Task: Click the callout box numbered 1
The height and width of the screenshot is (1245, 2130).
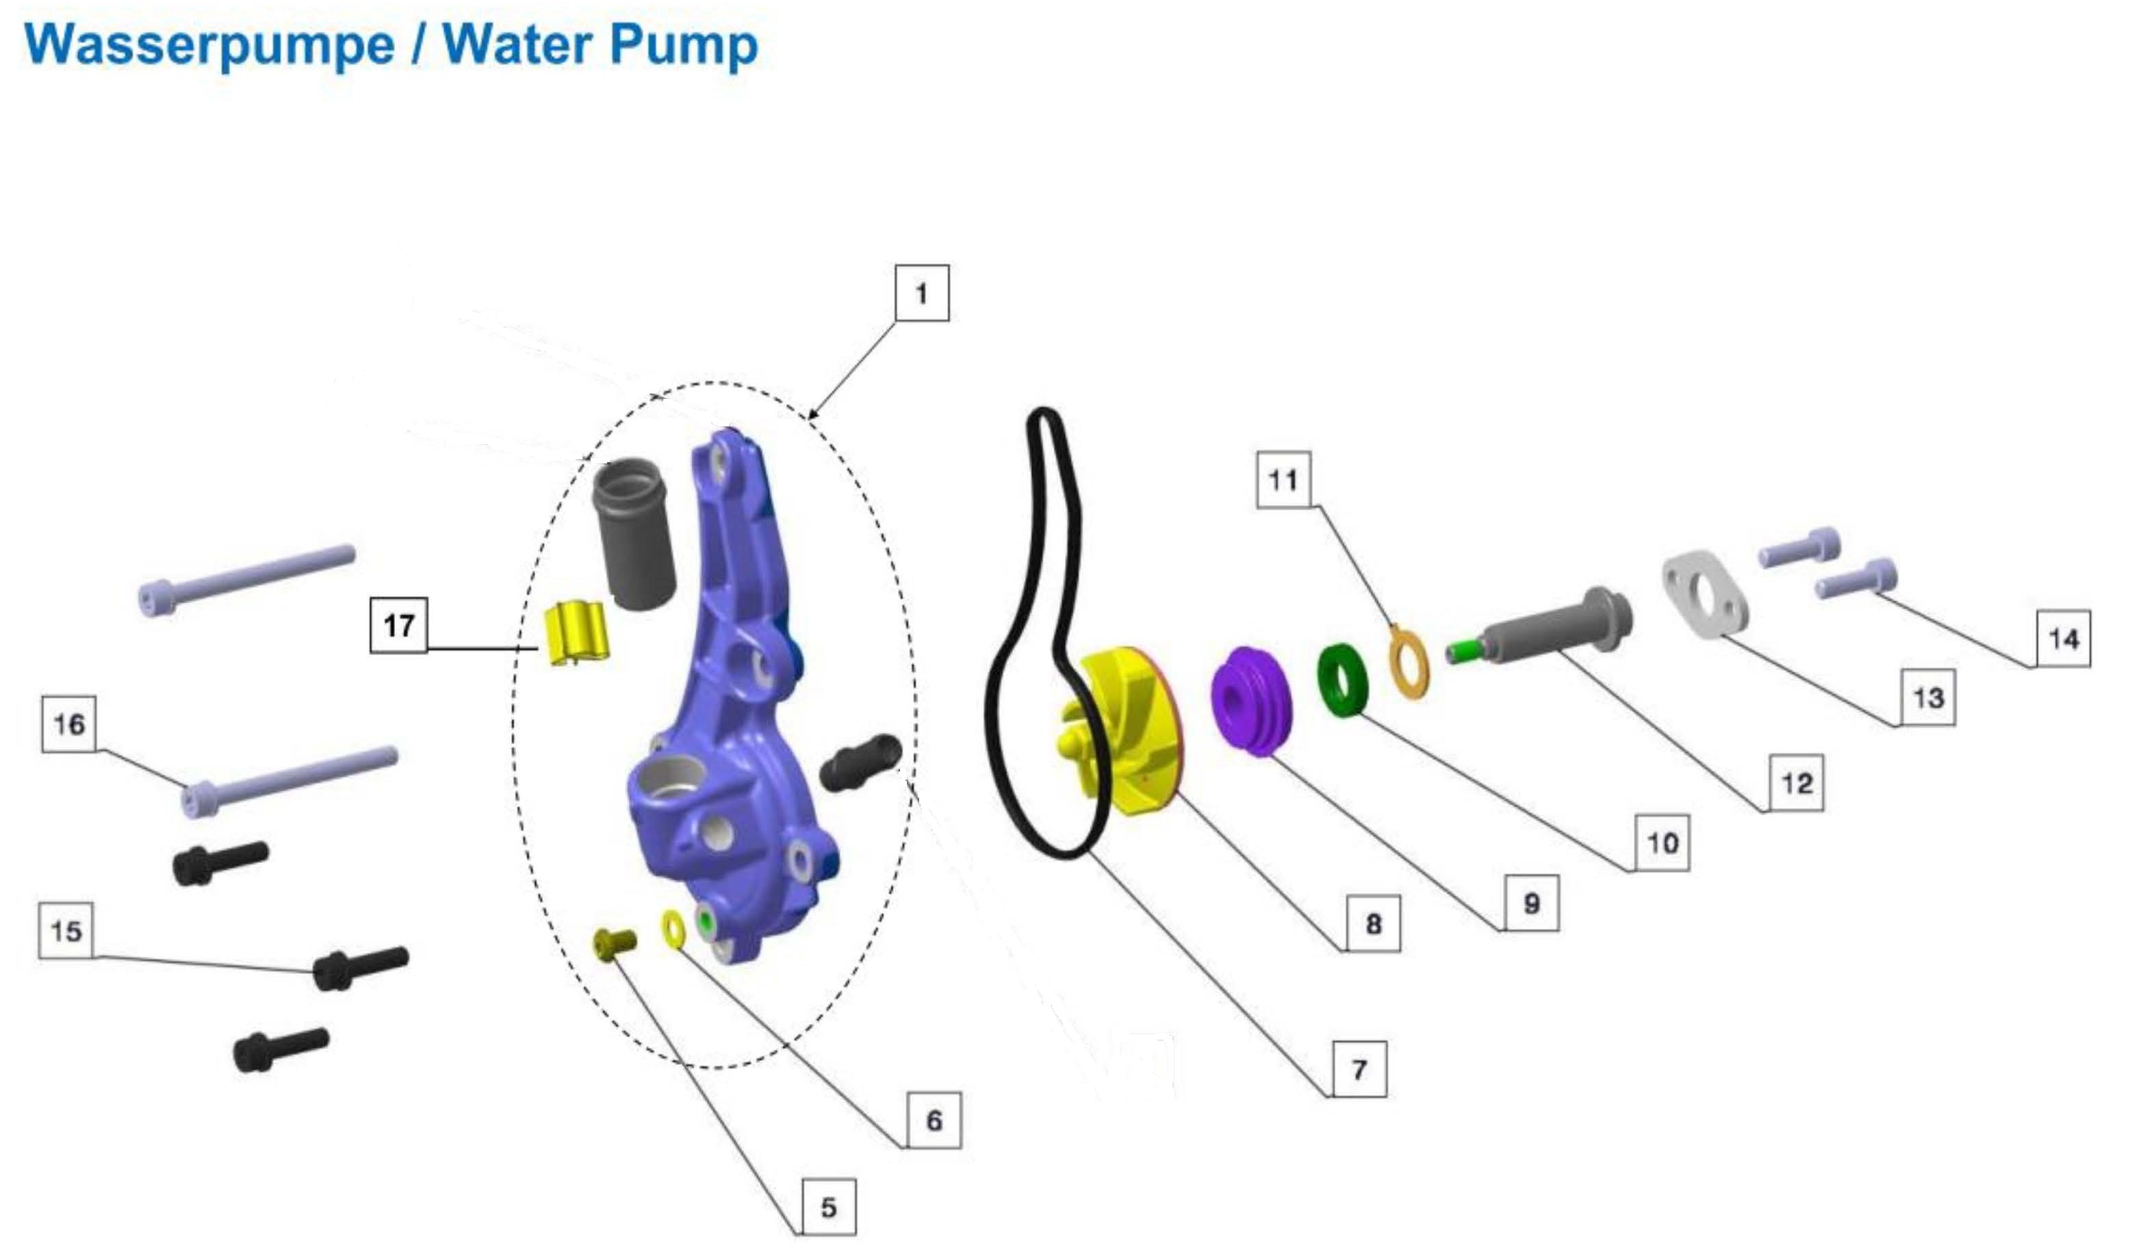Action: [x=921, y=294]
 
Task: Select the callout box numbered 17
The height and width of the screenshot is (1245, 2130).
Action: [x=399, y=626]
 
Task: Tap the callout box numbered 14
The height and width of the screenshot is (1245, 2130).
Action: [x=2062, y=638]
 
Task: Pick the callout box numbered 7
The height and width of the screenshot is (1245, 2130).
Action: [x=1359, y=1069]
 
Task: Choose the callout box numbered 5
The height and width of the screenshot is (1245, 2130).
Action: [x=828, y=1207]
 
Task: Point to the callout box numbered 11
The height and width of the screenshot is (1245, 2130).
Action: [x=1283, y=479]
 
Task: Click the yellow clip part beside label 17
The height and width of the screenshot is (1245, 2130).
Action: [x=574, y=633]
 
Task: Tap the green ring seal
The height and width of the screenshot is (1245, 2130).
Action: [x=1343, y=679]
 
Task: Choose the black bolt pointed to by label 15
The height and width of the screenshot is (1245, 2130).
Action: [x=360, y=967]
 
